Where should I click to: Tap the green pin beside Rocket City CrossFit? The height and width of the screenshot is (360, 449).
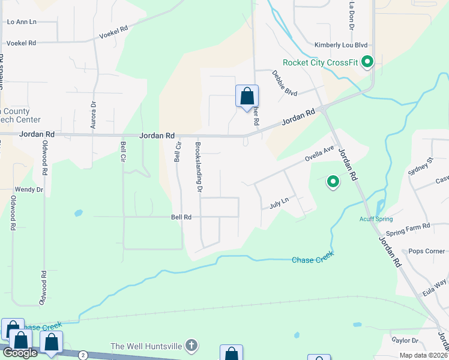pos(368,61)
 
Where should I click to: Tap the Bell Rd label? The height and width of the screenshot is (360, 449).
pos(181,217)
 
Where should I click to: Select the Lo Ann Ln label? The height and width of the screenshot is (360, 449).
pos(22,22)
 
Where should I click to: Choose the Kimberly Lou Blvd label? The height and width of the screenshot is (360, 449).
pos(340,45)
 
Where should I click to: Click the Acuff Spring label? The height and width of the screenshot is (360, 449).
pos(376,218)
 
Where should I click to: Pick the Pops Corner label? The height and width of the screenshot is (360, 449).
pos(427,251)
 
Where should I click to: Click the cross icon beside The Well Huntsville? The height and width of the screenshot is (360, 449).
pos(191,346)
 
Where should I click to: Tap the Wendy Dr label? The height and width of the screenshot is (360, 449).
pos(29,190)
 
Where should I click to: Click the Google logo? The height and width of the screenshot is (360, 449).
pos(20,353)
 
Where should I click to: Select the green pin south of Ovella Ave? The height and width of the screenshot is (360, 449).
pos(332,181)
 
